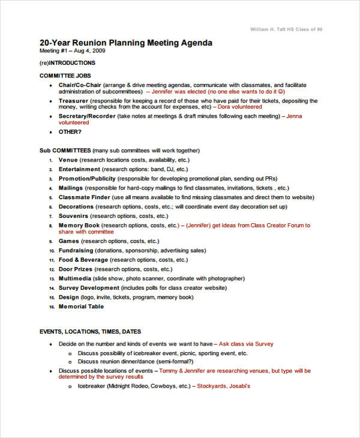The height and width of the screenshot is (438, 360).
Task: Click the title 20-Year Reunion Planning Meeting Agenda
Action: coord(125,43)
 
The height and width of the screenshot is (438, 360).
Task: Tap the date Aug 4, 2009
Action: coord(81,52)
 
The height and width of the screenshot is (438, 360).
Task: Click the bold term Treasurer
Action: coord(73,101)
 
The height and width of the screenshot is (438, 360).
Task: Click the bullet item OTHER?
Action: coord(70,131)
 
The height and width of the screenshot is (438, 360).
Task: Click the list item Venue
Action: coord(68,160)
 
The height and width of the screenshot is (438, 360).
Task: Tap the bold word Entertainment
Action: coord(79,170)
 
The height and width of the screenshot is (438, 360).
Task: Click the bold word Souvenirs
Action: coord(74,215)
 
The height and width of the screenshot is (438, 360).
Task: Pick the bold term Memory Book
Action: coord(78,226)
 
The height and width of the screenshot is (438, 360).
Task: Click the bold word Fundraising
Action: coord(76,250)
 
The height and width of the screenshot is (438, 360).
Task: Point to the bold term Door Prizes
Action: coord(76,269)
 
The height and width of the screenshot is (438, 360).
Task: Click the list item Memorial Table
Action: coord(81,307)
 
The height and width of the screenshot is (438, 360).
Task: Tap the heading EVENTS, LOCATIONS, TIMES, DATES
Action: coord(91,332)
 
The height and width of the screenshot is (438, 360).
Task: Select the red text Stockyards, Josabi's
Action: coord(223,386)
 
